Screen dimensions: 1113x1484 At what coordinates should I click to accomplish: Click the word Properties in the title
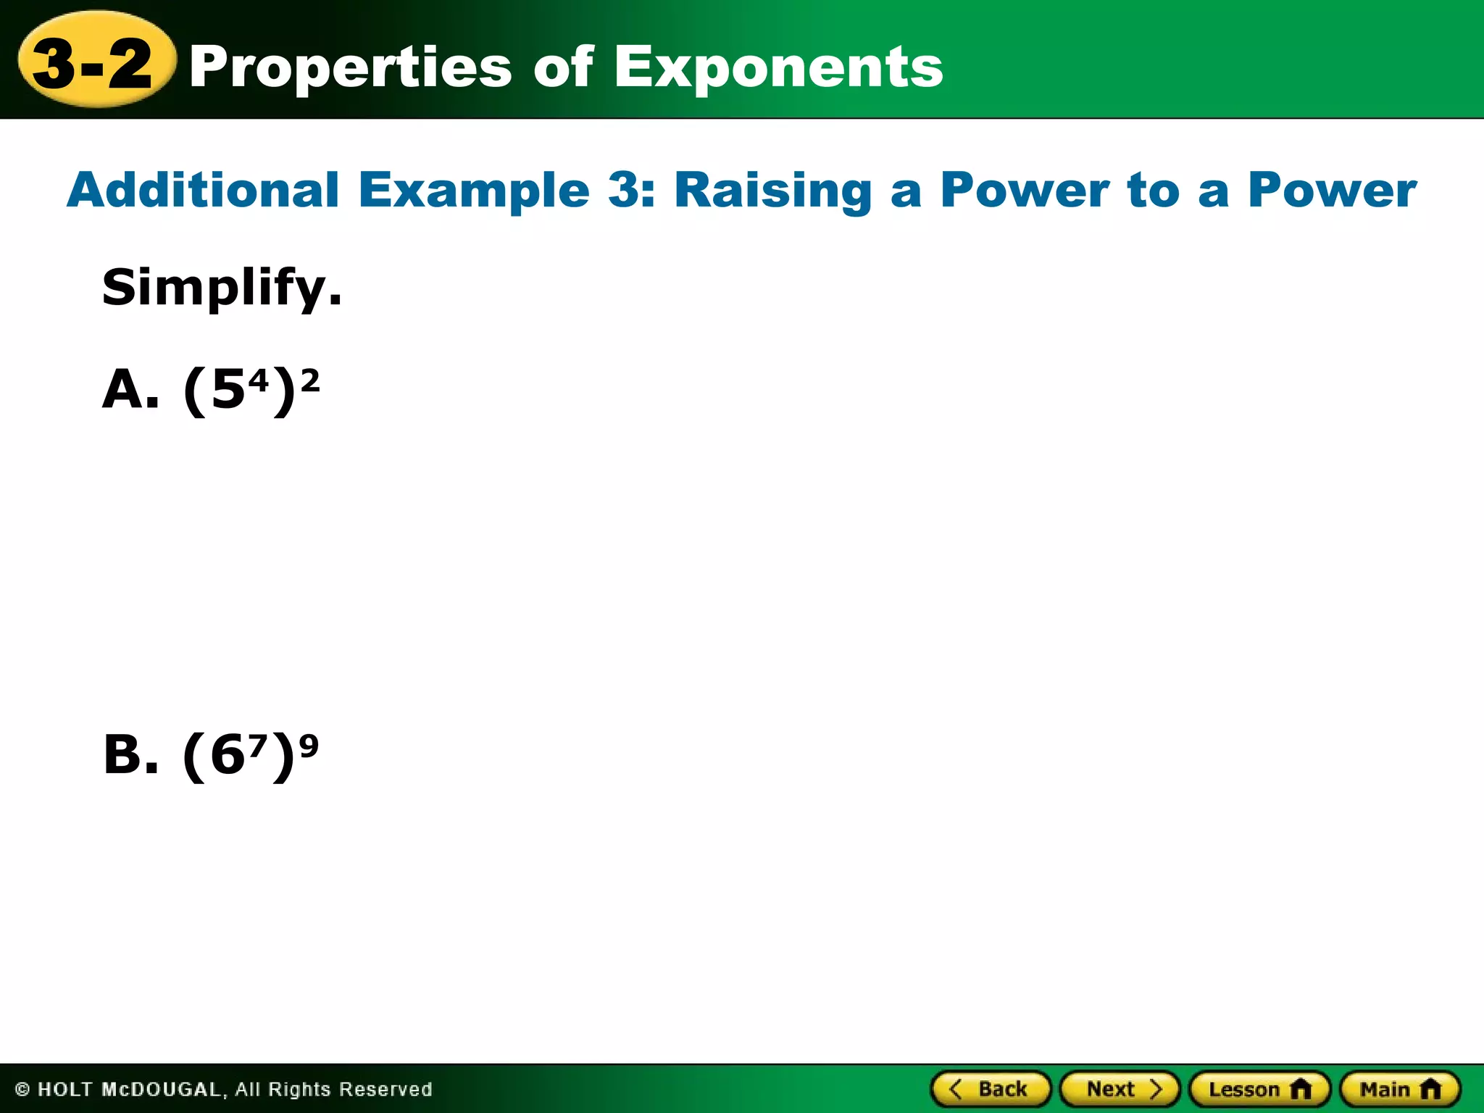click(x=351, y=67)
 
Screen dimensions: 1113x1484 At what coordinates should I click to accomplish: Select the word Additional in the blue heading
click(x=204, y=190)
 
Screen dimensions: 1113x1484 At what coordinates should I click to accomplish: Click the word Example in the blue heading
click(x=474, y=190)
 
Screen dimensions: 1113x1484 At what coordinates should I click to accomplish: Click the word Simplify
click(x=221, y=288)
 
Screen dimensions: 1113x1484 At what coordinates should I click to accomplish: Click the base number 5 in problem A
click(x=228, y=391)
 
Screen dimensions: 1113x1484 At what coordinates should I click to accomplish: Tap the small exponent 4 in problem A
click(x=259, y=378)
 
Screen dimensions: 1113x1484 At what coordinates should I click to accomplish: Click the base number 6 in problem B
click(x=228, y=756)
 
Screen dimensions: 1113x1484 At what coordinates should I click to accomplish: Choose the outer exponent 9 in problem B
click(x=309, y=745)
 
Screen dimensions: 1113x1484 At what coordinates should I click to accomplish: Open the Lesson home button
click(x=1259, y=1089)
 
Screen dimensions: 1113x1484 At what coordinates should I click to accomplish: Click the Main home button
click(x=1400, y=1089)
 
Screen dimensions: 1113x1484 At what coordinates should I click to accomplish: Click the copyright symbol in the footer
click(x=22, y=1090)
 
